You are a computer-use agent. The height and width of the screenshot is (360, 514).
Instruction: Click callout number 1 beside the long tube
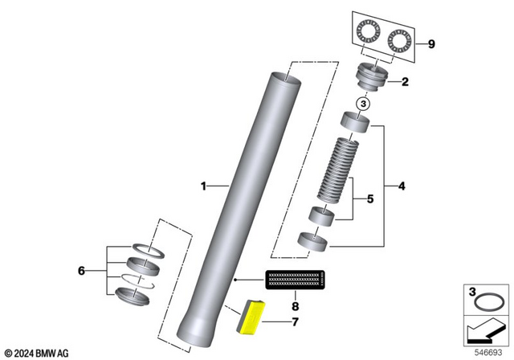pyautogui.click(x=204, y=186)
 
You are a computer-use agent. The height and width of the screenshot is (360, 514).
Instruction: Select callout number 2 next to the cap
pyautogui.click(x=404, y=81)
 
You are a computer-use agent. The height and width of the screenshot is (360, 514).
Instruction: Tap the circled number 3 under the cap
pyautogui.click(x=362, y=104)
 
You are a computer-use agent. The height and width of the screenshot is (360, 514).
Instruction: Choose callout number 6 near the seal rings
pyautogui.click(x=81, y=272)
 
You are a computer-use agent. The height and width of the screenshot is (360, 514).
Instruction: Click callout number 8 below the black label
pyautogui.click(x=295, y=305)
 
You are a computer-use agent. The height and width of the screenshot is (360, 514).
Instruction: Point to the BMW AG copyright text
pyautogui.click(x=37, y=353)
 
